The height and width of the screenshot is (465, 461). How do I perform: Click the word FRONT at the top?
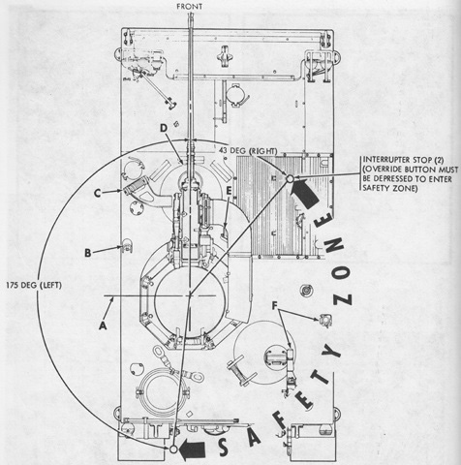(190, 7)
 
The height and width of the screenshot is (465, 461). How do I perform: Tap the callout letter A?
(103, 325)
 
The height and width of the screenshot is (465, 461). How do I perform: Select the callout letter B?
(87, 253)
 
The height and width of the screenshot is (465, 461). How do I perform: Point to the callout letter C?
(98, 193)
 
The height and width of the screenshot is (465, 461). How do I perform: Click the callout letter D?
(164, 128)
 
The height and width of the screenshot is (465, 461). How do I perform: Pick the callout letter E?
(229, 191)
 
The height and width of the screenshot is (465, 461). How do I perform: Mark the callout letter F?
(275, 305)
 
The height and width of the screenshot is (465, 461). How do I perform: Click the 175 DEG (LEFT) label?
(34, 285)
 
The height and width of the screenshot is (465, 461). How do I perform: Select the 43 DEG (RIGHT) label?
(248, 150)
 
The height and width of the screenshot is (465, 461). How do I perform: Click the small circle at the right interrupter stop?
(290, 178)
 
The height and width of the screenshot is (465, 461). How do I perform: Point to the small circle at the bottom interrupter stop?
(173, 449)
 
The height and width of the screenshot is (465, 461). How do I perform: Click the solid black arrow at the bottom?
(193, 449)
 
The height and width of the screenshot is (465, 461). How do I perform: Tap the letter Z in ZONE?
(343, 299)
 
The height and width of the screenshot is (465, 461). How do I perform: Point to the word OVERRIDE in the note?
(384, 170)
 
